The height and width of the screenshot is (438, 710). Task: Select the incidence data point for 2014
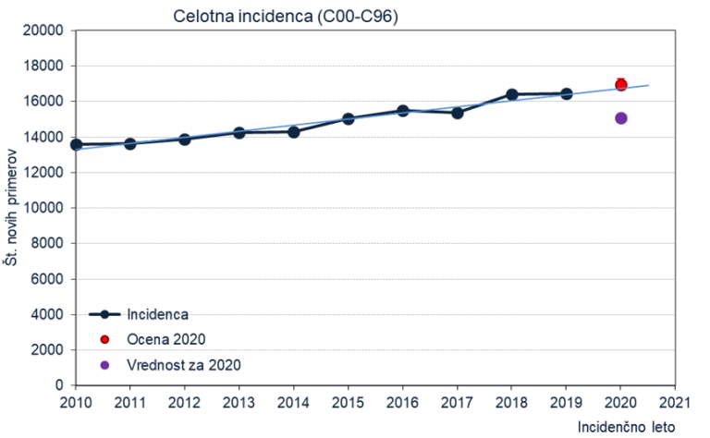coord(294,132)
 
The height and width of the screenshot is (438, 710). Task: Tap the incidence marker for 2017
coord(458,112)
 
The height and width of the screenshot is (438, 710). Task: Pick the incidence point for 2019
coord(567,94)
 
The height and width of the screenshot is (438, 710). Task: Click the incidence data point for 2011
coord(130,144)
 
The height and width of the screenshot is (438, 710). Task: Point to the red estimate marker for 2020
coord(621,85)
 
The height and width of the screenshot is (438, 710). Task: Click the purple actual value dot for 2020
coord(621,118)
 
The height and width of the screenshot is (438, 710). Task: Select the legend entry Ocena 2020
coord(165,339)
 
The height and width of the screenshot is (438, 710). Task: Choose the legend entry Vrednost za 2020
coord(184,365)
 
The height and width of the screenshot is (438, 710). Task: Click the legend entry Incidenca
coord(157,314)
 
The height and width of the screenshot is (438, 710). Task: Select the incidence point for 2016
coord(403,111)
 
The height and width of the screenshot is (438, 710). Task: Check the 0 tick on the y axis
coord(57,385)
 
